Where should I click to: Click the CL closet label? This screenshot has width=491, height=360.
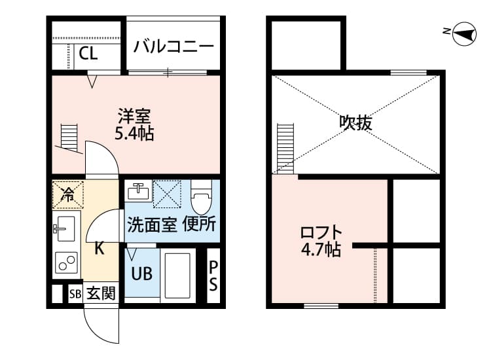[89, 54]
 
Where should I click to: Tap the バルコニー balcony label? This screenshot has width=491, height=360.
[173, 46]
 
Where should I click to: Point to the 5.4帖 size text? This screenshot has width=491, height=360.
[134, 134]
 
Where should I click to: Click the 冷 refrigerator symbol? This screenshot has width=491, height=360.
[67, 192]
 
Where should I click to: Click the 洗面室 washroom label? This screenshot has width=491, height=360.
[151, 225]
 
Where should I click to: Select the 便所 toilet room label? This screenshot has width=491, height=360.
[199, 225]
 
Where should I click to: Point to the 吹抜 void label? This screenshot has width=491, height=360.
[356, 122]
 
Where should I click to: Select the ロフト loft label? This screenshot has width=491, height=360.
[321, 232]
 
